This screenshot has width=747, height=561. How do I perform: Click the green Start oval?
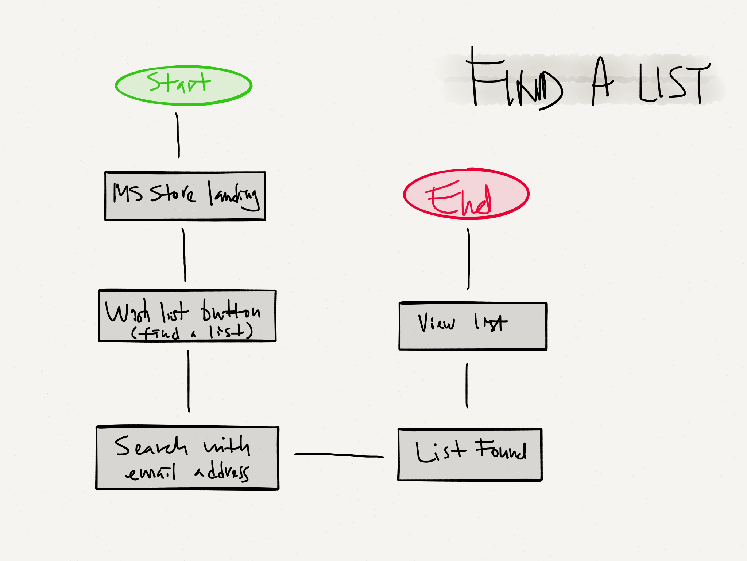click(x=183, y=86)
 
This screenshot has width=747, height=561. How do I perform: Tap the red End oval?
click(x=466, y=194)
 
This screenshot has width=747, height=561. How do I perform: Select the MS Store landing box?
click(x=185, y=196)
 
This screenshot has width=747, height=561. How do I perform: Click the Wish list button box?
click(x=187, y=316)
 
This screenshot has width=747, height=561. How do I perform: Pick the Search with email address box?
click(x=187, y=458)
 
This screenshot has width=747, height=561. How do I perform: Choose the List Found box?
click(x=470, y=455)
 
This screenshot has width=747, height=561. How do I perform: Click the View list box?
click(x=473, y=326)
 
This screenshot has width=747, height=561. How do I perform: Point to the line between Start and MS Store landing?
click(x=178, y=135)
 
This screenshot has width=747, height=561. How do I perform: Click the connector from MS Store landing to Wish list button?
click(x=184, y=255)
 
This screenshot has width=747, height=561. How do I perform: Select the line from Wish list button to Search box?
click(x=188, y=381)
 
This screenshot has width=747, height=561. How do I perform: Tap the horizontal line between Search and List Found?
click(x=338, y=455)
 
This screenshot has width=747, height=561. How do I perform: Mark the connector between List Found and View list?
click(x=467, y=385)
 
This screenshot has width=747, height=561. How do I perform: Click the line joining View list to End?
click(x=469, y=259)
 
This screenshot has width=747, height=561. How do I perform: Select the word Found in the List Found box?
click(x=501, y=450)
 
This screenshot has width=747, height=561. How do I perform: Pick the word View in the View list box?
click(x=436, y=323)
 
